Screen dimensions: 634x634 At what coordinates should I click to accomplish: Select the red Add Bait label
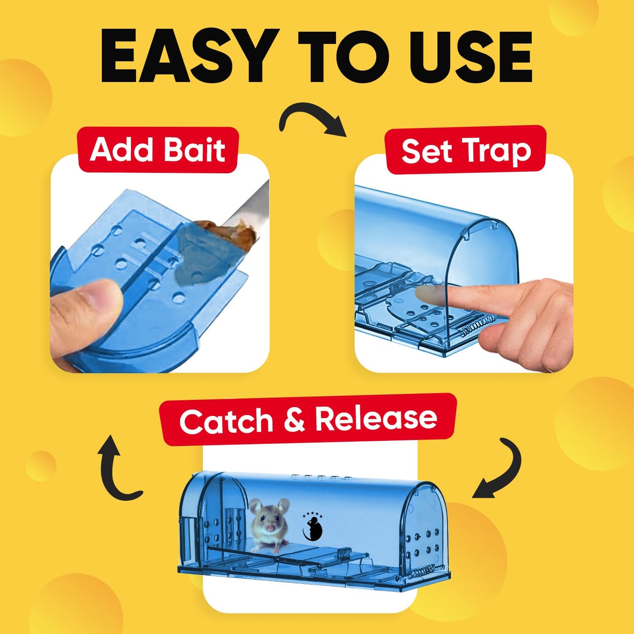(x=158, y=150)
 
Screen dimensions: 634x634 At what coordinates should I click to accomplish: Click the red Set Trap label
(x=466, y=150)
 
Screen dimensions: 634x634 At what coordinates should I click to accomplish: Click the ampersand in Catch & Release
(x=294, y=420)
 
